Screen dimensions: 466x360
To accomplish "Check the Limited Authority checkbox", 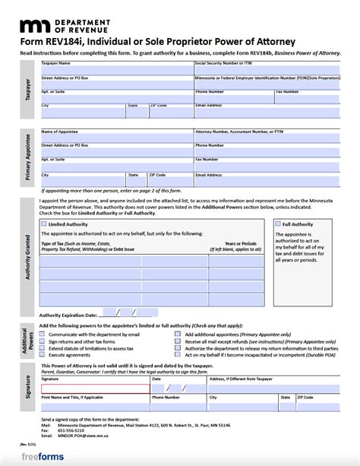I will (43, 225).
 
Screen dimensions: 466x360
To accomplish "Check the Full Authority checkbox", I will (277, 225).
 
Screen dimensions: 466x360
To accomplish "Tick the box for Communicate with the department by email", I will (43, 333).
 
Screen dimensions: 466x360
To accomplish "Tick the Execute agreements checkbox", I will (43, 354).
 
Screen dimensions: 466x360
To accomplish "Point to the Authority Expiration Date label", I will (68, 312).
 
